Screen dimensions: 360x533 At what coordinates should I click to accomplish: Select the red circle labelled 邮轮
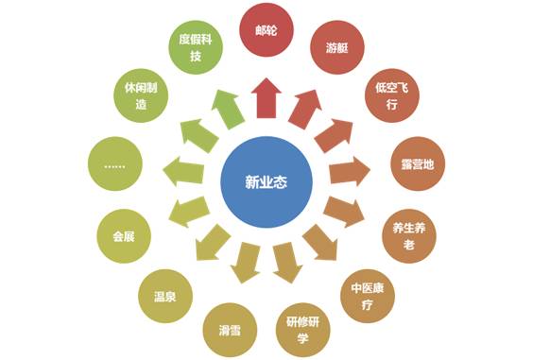click(x=266, y=29)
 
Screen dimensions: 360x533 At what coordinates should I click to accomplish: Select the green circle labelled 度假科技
click(x=196, y=47)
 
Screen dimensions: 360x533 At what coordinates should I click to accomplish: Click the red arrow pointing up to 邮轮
click(x=266, y=97)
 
